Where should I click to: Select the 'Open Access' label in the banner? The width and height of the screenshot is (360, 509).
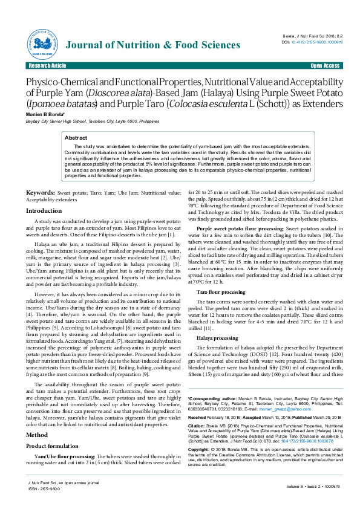[324, 65]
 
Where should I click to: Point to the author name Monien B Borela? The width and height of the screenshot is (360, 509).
[44, 114]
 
